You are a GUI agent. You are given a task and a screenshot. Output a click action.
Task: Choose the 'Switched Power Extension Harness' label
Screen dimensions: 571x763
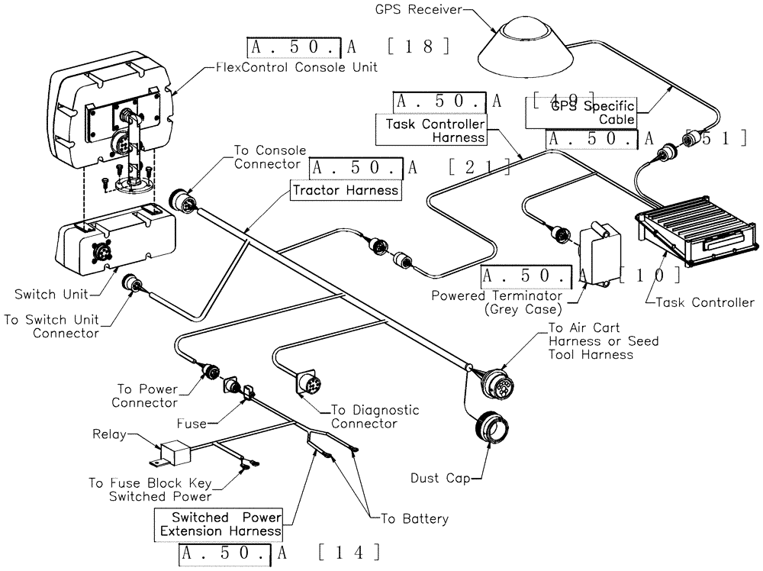(x=217, y=524)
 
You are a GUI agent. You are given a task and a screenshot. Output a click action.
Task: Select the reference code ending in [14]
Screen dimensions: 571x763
(x=278, y=553)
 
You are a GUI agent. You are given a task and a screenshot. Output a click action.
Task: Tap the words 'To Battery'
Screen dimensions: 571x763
(x=414, y=519)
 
